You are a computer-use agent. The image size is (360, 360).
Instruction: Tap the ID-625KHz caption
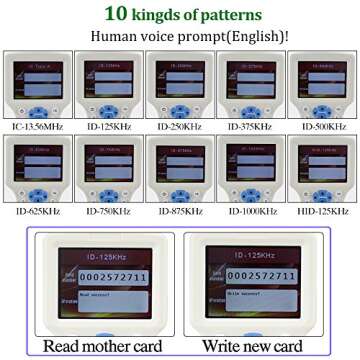(37, 211)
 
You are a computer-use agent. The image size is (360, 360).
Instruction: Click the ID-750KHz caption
(108, 211)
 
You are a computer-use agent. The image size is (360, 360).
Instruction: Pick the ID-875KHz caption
(180, 211)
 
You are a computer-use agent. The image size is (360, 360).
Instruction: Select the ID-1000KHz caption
(251, 211)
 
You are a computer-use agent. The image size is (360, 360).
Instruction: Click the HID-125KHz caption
(322, 211)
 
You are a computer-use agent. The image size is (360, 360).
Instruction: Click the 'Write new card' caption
(253, 347)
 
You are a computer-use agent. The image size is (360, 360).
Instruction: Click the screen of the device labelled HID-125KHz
(322, 166)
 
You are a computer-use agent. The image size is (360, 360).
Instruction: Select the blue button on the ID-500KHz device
(322, 107)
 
